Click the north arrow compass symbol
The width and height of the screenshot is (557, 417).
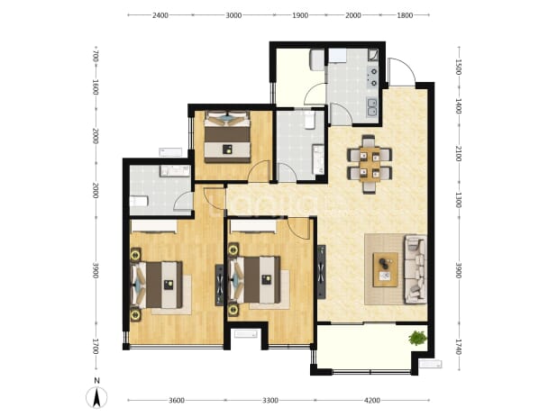(96, 397)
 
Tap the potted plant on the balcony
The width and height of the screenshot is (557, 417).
(417, 338)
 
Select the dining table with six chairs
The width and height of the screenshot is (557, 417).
(370, 164)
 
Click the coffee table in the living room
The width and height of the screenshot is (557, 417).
(385, 269)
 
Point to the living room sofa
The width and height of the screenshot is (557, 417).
(415, 269)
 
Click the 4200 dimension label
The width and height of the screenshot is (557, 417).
(372, 400)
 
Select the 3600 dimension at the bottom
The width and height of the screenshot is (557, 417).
(176, 400)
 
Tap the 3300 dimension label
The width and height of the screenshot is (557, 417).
(270, 400)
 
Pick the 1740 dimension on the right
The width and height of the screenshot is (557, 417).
(459, 347)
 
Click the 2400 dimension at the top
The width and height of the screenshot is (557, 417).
(160, 15)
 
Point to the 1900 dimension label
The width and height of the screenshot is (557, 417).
(300, 15)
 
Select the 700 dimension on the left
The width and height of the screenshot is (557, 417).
(96, 57)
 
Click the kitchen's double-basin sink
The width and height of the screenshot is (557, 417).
(371, 107)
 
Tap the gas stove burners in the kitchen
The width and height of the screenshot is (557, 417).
(373, 77)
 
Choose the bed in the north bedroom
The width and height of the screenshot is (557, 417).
(227, 137)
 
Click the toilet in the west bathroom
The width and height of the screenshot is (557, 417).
(139, 202)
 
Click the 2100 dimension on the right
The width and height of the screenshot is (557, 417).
(459, 153)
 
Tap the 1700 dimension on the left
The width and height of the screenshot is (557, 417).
(96, 347)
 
